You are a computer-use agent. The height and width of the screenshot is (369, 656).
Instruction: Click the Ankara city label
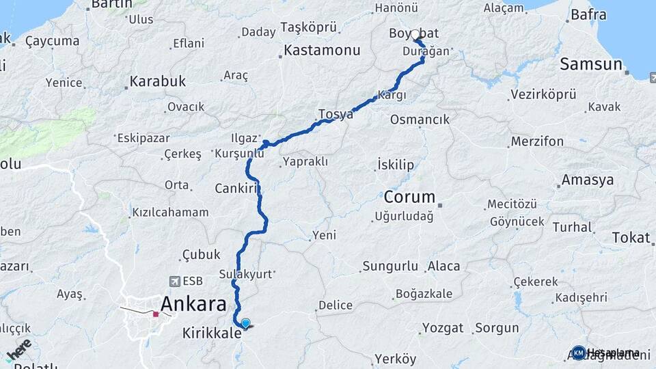tap(193, 304)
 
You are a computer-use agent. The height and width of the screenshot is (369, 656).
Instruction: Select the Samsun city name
tap(592, 64)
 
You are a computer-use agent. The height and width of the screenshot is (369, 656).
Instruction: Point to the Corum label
tap(409, 197)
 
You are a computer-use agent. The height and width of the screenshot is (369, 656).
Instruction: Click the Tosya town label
tap(336, 114)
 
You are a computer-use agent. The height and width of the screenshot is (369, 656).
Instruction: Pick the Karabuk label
tap(158, 81)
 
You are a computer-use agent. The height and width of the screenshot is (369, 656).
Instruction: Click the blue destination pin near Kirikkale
tap(245, 324)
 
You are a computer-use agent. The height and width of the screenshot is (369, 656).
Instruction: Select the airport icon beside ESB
tap(175, 281)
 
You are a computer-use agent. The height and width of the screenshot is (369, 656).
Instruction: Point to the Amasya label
tap(587, 180)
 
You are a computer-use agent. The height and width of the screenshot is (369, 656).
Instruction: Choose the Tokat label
tap(631, 237)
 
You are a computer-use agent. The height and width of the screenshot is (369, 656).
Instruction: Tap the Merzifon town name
tap(536, 141)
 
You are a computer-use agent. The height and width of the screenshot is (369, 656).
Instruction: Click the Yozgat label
tap(443, 328)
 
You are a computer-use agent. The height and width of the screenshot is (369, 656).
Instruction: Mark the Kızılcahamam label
tap(170, 213)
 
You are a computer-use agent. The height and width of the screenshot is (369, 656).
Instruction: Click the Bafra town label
tap(588, 14)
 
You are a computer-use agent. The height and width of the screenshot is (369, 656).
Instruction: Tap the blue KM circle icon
tap(579, 353)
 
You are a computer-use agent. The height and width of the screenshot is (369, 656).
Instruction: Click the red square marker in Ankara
tap(156, 314)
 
